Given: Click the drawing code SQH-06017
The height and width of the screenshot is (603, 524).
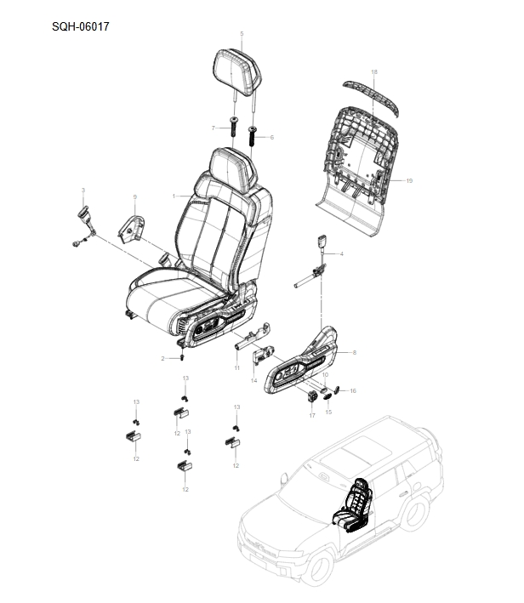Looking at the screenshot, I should (80, 26).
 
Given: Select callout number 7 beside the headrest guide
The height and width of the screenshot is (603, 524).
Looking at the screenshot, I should (213, 128).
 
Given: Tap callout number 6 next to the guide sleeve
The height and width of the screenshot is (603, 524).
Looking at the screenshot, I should (272, 137).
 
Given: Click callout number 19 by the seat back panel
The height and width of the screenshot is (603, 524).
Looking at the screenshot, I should (409, 180).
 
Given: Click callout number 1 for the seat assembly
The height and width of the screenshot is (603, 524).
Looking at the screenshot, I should (174, 196).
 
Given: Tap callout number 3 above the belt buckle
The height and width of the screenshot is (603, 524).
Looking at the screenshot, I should (83, 189).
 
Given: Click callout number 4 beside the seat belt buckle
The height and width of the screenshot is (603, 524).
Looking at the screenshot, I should (341, 253).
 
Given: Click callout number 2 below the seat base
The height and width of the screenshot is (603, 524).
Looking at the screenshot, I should (162, 358).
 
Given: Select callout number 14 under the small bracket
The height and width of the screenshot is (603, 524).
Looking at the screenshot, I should (253, 380).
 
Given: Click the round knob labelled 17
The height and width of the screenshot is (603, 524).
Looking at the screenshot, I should (312, 398).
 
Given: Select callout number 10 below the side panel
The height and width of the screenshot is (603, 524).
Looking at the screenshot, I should (324, 374).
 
